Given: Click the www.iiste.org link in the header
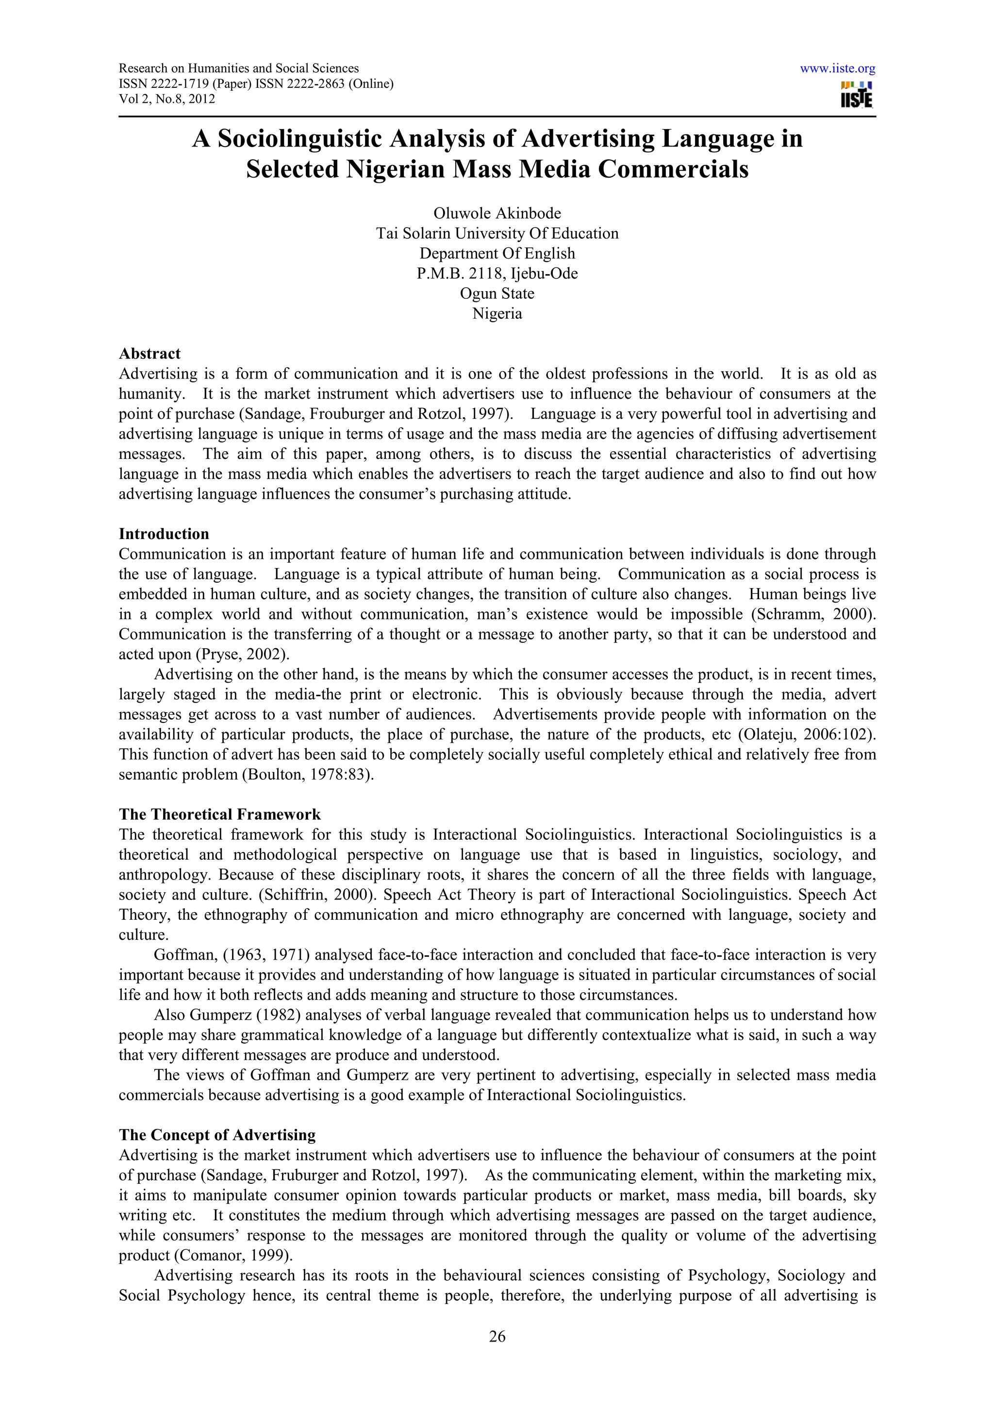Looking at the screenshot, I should (x=837, y=68).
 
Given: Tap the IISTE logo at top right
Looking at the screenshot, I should (x=857, y=95).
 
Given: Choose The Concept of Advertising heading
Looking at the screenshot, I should (x=217, y=1135).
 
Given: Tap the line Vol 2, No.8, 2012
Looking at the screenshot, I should (x=166, y=99).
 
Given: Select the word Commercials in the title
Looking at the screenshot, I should (x=673, y=169).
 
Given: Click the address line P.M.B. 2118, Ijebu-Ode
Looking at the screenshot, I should (x=497, y=273).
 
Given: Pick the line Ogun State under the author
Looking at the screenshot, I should (x=497, y=294).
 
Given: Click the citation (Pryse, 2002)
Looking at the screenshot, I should (x=242, y=654).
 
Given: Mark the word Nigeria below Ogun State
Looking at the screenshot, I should (x=497, y=313).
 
